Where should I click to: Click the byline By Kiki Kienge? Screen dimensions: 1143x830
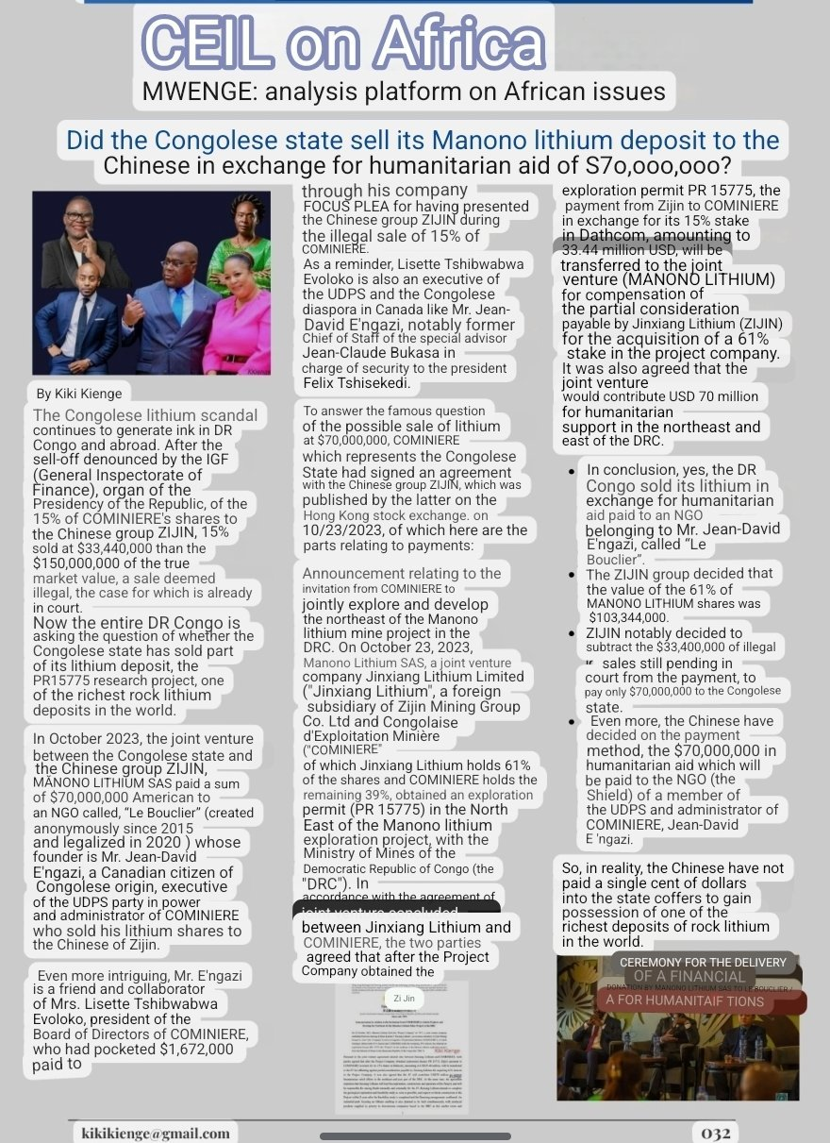coord(78,393)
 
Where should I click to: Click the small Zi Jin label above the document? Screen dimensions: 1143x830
coord(404,997)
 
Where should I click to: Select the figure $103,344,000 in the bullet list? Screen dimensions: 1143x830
coord(628,616)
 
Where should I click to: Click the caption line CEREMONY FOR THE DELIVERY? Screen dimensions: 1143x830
coord(703,962)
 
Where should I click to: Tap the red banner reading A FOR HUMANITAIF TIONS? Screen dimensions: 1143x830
coord(685,1001)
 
